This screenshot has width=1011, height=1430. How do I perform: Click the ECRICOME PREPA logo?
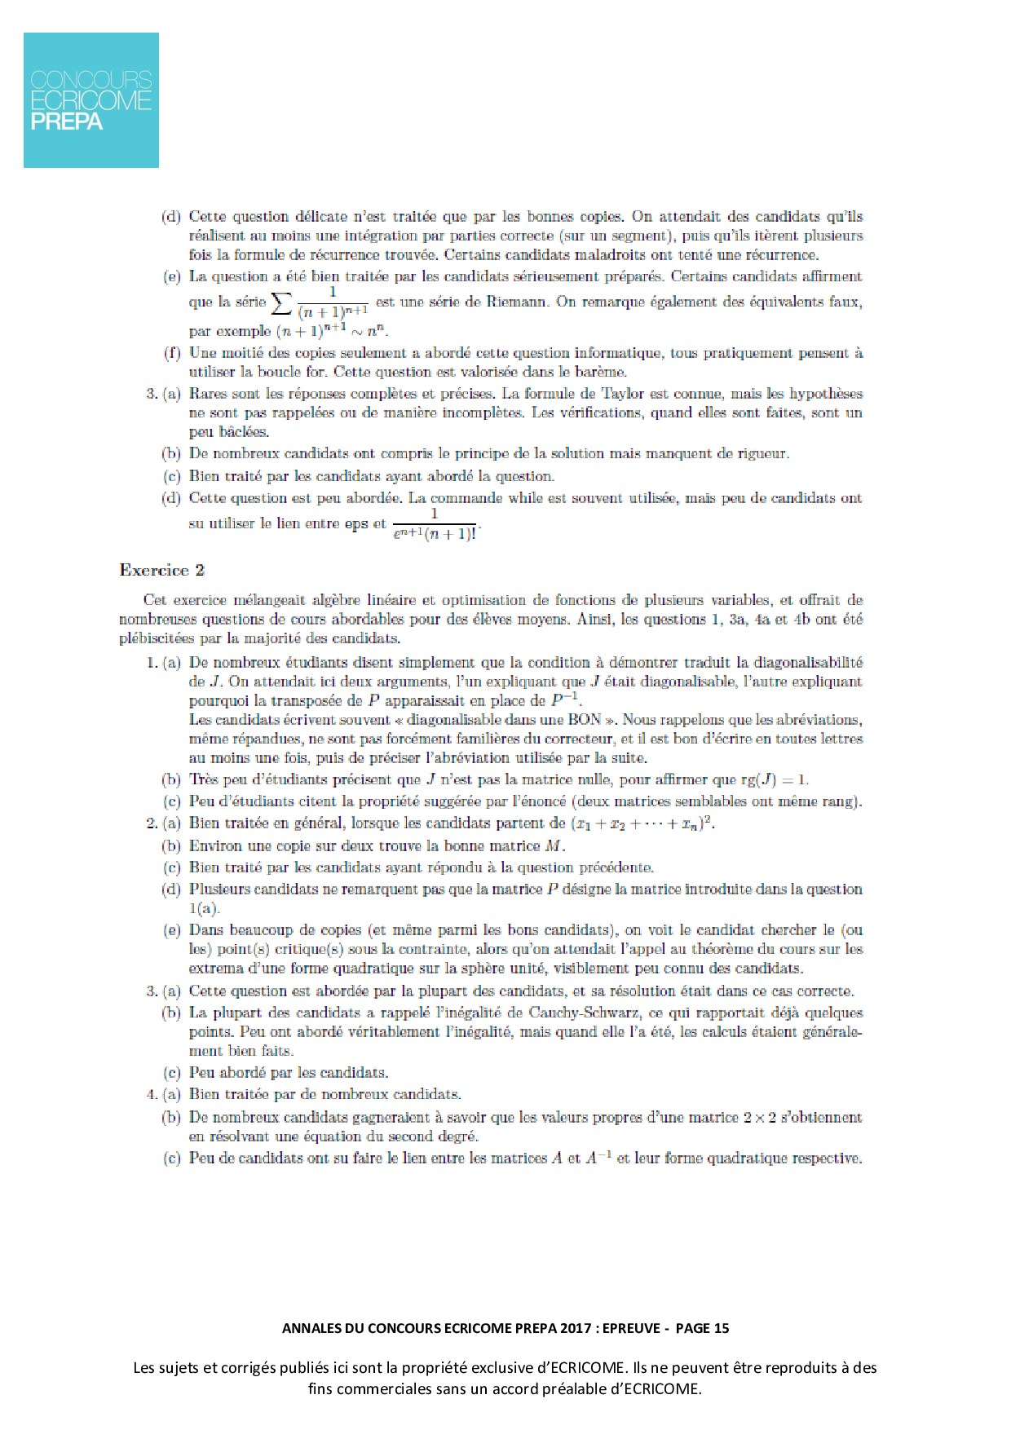[91, 100]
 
